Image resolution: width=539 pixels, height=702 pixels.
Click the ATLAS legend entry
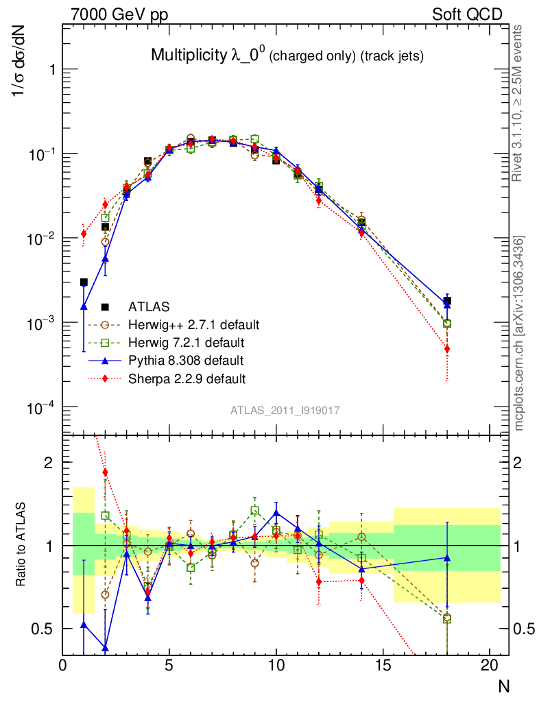150,306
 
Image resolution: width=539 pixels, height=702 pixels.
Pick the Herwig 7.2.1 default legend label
187,342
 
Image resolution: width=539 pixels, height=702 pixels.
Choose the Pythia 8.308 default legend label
186,360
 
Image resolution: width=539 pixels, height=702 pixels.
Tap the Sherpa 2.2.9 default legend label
187,378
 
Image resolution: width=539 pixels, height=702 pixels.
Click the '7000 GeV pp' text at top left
119,14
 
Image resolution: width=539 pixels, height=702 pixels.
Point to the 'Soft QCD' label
467,14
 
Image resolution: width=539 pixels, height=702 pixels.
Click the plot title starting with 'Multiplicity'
287,56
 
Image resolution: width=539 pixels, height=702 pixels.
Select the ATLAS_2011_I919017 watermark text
285,410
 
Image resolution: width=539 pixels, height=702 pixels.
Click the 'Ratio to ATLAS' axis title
21,544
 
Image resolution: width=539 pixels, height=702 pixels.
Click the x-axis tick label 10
276,666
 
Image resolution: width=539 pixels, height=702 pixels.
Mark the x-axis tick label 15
383,666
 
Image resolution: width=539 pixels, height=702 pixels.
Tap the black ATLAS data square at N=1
84,282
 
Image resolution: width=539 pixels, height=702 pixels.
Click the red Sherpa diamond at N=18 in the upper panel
446,349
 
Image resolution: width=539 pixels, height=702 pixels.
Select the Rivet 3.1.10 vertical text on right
519,103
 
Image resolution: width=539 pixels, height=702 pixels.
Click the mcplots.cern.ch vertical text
519,332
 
